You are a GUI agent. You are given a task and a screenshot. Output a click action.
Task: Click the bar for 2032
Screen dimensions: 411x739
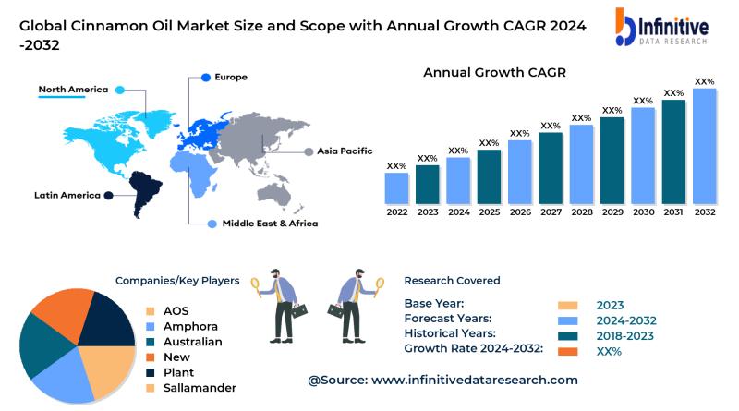(704, 145)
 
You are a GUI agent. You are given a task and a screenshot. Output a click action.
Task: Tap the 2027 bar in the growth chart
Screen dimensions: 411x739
(551, 167)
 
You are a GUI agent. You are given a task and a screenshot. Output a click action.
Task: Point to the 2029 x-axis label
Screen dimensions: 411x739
(612, 212)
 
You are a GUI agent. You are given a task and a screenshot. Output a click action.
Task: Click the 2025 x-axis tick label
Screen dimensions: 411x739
(489, 212)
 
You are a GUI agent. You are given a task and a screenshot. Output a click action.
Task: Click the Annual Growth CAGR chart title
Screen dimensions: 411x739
(494, 72)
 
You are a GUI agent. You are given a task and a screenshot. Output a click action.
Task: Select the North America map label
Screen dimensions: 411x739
(73, 90)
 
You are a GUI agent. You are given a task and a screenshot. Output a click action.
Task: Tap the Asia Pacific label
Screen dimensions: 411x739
(345, 151)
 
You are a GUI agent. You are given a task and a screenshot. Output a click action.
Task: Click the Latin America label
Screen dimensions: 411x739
(67, 195)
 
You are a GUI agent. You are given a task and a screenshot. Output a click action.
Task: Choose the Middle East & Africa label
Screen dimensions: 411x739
(269, 224)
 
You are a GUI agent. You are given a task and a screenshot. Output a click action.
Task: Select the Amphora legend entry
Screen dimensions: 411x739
(190, 326)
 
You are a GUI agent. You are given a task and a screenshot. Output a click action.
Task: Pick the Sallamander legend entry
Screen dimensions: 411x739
(200, 387)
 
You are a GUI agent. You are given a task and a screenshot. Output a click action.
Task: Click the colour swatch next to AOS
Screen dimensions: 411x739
(150, 311)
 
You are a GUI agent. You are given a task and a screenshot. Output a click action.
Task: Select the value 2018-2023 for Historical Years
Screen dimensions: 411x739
(627, 335)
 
